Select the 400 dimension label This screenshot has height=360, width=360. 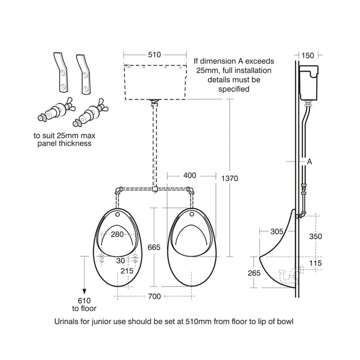tap(190, 175)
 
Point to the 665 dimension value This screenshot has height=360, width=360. tap(154, 247)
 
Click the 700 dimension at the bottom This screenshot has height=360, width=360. tap(154, 296)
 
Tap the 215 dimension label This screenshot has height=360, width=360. tap(127, 271)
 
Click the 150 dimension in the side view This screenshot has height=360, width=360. tap(308, 55)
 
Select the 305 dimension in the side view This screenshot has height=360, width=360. tap(277, 231)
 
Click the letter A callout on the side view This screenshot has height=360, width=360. tap(310, 161)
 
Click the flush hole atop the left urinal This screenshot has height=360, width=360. tap(118, 214)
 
